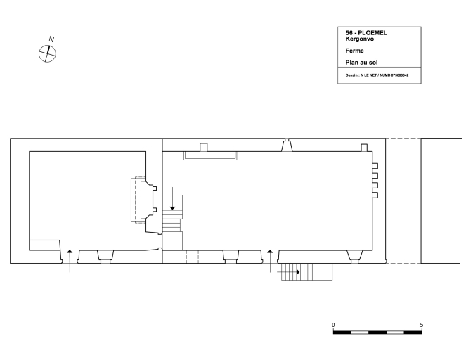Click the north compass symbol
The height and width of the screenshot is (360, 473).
pyautogui.click(x=47, y=53)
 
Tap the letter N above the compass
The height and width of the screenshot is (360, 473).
pyautogui.click(x=51, y=39)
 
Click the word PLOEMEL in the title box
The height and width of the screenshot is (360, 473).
pyautogui.click(x=372, y=33)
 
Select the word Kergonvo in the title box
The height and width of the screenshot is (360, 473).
pyautogui.click(x=360, y=39)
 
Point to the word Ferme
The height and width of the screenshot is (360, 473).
pyautogui.click(x=354, y=51)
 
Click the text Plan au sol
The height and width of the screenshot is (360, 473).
pyautogui.click(x=361, y=63)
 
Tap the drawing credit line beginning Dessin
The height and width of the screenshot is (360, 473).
pyautogui.click(x=377, y=75)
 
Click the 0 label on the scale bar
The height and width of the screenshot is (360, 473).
pyautogui.click(x=333, y=325)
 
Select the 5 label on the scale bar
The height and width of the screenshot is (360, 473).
pyautogui.click(x=422, y=325)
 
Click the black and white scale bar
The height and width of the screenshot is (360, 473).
pyautogui.click(x=377, y=333)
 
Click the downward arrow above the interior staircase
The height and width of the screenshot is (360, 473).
pyautogui.click(x=173, y=198)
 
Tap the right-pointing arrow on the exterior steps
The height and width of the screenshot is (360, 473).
pyautogui.click(x=288, y=272)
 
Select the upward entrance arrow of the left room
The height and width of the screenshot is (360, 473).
pyautogui.click(x=70, y=261)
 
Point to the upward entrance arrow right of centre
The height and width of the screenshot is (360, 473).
pyautogui.click(x=270, y=261)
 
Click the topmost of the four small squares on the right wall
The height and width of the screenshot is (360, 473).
pyautogui.click(x=375, y=166)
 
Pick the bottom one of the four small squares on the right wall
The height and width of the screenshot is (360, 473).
pyautogui.click(x=375, y=195)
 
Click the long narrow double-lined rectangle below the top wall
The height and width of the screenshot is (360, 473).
pyautogui.click(x=210, y=155)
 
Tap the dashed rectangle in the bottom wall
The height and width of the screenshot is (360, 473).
pyautogui.click(x=193, y=257)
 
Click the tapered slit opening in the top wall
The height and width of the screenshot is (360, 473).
pyautogui.click(x=287, y=145)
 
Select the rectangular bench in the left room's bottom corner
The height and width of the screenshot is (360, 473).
pyautogui.click(x=44, y=245)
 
